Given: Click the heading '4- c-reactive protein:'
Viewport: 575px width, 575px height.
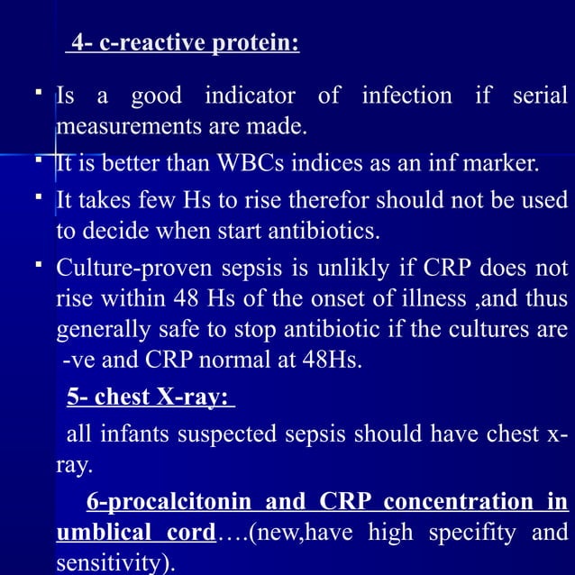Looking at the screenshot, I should (183, 43).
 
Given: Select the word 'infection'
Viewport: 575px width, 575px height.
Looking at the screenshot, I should (406, 96).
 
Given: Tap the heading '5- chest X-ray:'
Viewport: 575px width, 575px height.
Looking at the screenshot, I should (151, 397).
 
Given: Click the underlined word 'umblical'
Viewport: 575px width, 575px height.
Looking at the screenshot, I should (100, 534).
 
